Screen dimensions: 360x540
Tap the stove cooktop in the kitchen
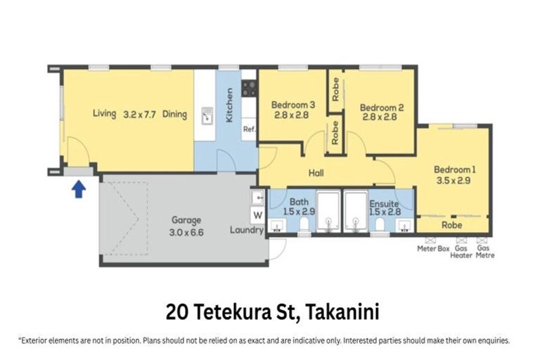point(249,88)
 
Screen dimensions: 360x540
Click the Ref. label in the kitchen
point(249,129)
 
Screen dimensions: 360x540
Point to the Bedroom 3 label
point(292,105)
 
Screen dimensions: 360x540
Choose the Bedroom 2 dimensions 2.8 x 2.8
point(380,118)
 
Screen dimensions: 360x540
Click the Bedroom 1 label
point(454,169)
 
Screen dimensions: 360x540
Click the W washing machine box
point(257,215)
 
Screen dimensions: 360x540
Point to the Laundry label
point(246,230)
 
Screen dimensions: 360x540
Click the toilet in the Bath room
point(304,224)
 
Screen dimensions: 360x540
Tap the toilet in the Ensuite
point(379,224)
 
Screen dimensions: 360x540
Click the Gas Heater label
point(461,252)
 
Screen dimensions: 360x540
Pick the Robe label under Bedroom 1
point(451,226)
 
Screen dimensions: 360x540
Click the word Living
point(104,113)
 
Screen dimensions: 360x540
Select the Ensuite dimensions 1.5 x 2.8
point(384,211)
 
